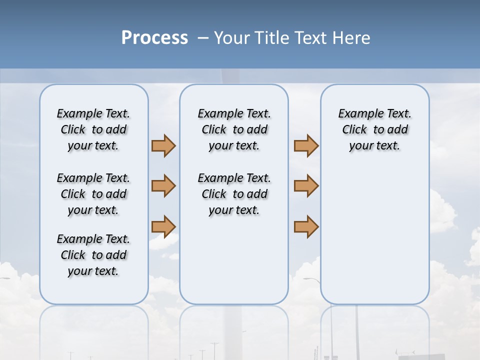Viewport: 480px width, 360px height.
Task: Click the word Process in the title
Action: click(x=154, y=37)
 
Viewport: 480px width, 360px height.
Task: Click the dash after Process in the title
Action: click(x=203, y=38)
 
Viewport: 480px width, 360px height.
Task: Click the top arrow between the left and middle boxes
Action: click(x=163, y=145)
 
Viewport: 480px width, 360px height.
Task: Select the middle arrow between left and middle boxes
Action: click(x=163, y=186)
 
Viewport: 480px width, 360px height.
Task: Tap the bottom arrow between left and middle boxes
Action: click(x=163, y=226)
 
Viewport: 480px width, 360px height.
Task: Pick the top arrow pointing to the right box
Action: click(x=306, y=145)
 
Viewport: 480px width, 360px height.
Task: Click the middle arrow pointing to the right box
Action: click(x=306, y=186)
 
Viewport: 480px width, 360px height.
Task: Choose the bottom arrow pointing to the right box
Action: click(x=306, y=226)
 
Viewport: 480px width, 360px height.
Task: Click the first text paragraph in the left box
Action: click(x=93, y=129)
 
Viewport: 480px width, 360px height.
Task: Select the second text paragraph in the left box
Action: click(x=93, y=194)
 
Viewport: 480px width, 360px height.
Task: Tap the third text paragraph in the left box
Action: click(x=93, y=255)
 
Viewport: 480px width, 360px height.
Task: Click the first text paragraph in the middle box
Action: click(x=234, y=129)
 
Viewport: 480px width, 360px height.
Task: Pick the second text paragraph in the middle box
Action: click(x=234, y=194)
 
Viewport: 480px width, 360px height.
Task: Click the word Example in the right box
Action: click(x=357, y=113)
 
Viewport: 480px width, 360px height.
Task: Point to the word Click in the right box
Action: click(x=354, y=129)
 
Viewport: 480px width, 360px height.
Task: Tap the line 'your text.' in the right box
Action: click(x=374, y=145)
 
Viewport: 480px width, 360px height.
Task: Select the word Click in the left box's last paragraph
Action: click(x=73, y=255)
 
